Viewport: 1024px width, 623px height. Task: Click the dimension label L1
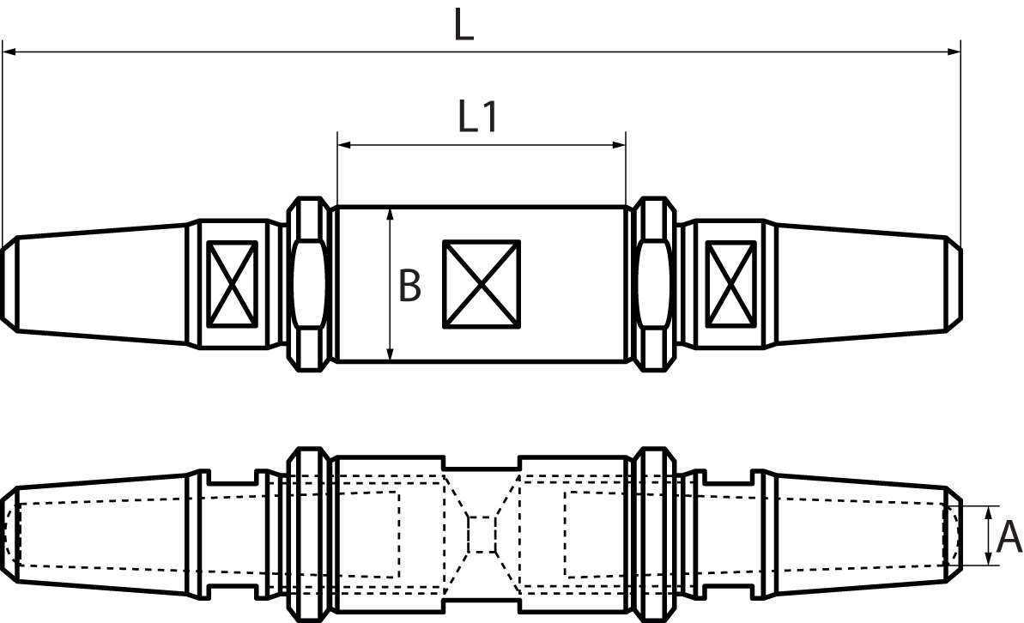pyautogui.click(x=478, y=118)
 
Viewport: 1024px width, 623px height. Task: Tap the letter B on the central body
pyautogui.click(x=409, y=286)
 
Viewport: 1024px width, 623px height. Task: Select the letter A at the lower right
pyautogui.click(x=1009, y=537)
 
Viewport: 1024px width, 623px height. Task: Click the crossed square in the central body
pyautogui.click(x=482, y=283)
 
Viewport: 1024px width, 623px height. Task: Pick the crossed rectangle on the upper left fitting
pyautogui.click(x=232, y=283)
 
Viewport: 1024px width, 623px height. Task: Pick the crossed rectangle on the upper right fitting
pyautogui.click(x=731, y=283)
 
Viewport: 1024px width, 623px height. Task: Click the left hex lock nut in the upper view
pyautogui.click(x=308, y=284)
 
